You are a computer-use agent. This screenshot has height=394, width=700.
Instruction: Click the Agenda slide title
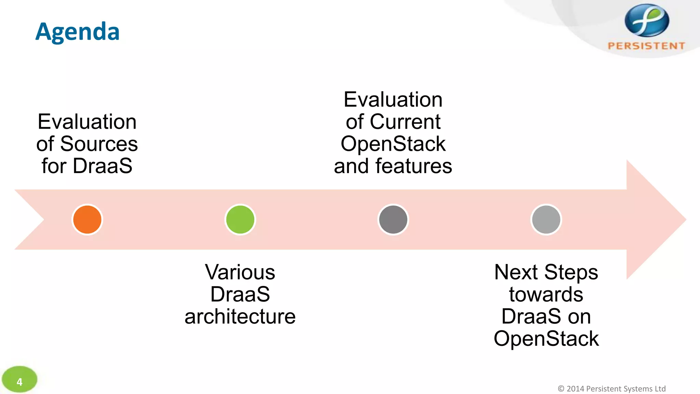78,32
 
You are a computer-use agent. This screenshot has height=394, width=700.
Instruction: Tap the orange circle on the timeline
87,220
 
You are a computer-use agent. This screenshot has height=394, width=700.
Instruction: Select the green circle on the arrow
240,220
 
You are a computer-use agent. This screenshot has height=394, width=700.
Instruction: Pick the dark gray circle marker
393,220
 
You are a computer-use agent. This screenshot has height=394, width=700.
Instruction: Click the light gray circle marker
546,220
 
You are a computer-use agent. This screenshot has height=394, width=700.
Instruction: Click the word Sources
99,144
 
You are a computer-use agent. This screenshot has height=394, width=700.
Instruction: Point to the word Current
405,122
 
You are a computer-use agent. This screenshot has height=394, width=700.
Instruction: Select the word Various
240,272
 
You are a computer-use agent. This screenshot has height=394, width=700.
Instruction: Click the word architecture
240,316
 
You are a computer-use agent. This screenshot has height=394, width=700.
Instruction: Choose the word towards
546,294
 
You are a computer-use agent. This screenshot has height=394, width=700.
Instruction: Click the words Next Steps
546,272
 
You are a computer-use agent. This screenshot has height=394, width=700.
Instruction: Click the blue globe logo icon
647,21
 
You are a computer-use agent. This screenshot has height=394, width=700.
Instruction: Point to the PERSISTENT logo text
646,46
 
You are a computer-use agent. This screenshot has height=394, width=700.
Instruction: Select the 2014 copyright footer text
611,389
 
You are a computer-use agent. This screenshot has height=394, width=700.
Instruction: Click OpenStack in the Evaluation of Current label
393,144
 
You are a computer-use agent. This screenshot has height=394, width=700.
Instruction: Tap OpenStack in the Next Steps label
546,339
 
